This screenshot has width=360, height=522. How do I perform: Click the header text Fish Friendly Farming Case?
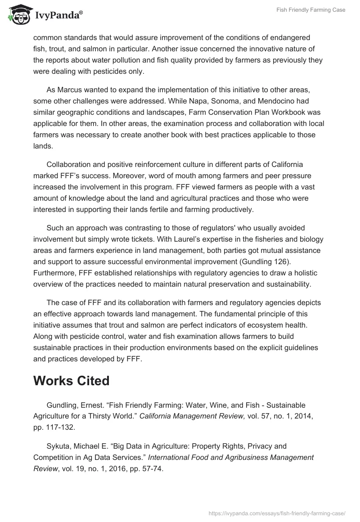point(310,10)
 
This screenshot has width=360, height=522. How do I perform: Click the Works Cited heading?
point(72,381)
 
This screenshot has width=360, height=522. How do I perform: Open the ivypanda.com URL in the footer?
point(277,513)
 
